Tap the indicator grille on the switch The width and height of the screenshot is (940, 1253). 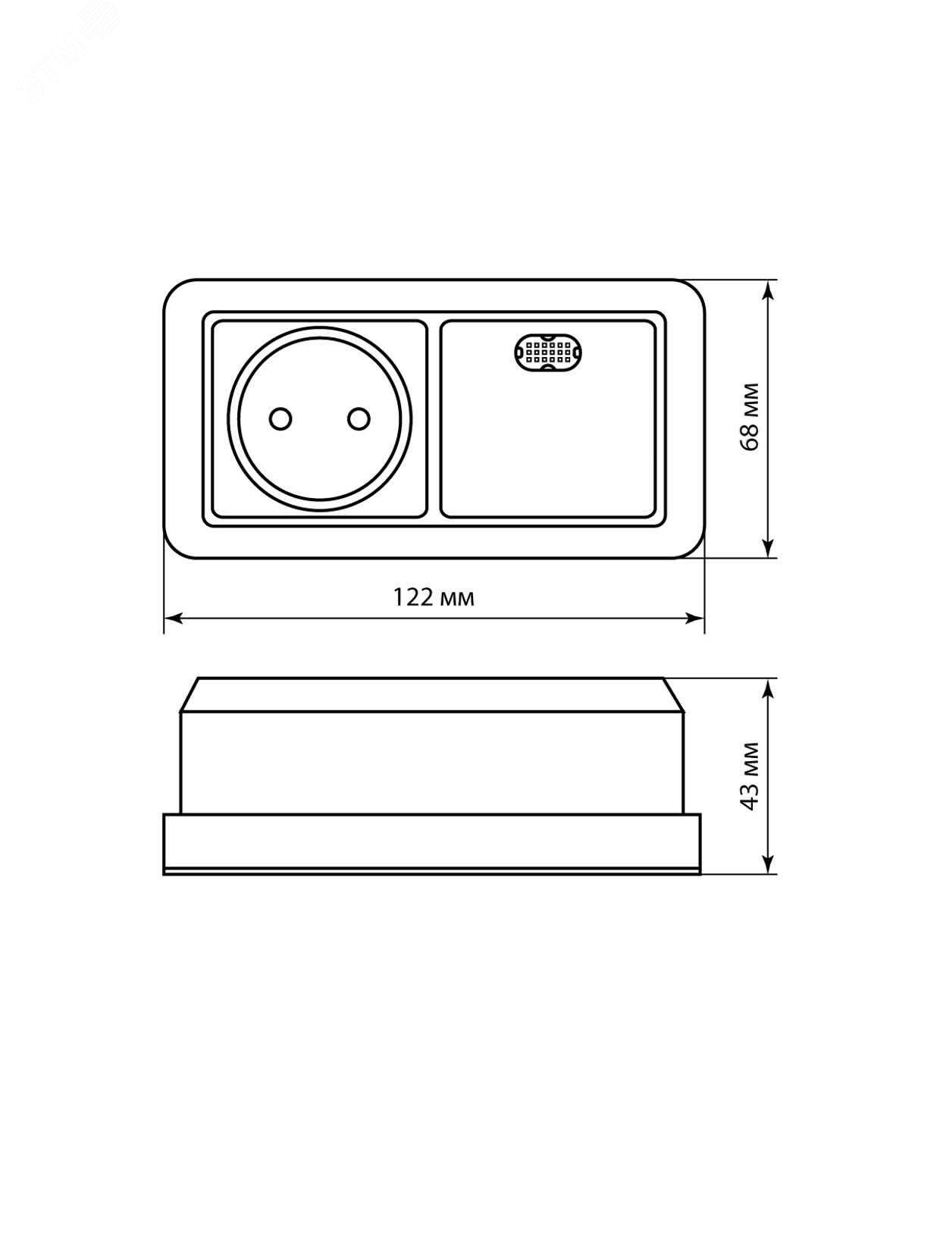tap(548, 352)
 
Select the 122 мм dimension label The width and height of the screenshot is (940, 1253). tap(434, 597)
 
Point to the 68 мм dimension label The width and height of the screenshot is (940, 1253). tap(750, 417)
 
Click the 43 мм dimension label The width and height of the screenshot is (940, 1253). tap(750, 775)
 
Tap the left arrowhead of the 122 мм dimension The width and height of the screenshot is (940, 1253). tap(173, 618)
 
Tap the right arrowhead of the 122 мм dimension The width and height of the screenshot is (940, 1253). tap(694, 618)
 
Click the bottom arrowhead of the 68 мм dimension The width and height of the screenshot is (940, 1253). tap(769, 547)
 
